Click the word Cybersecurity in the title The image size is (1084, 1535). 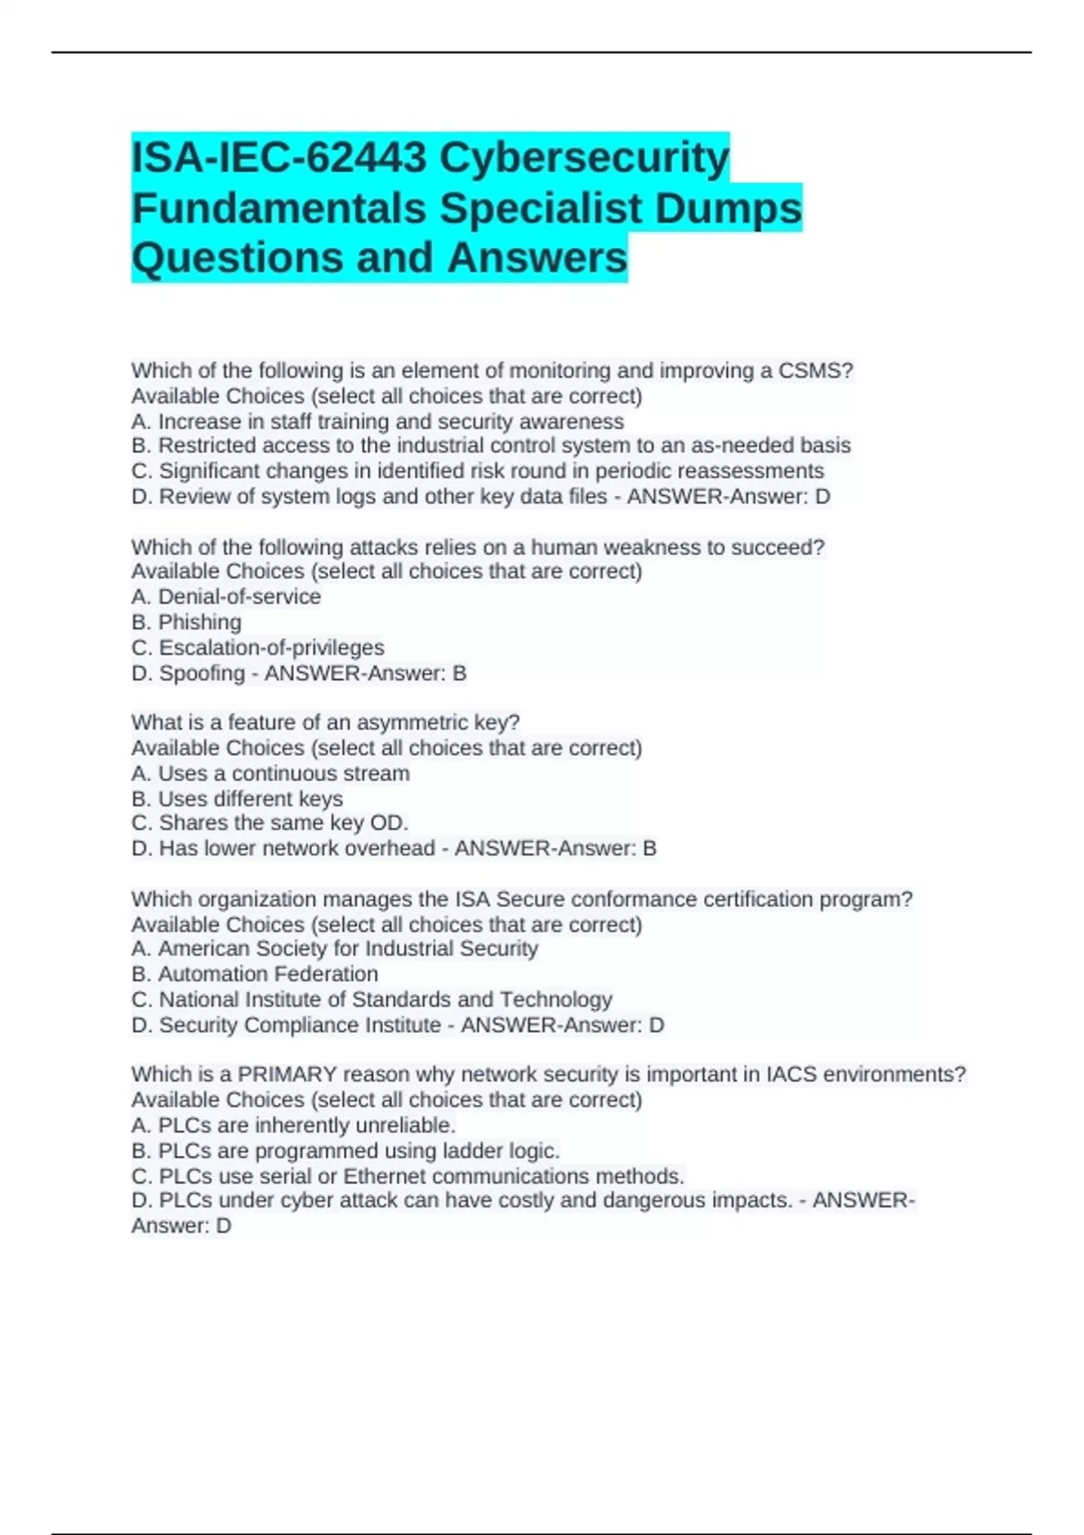pos(584,157)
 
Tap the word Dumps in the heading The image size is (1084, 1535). pos(728,208)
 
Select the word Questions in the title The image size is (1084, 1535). pos(237,257)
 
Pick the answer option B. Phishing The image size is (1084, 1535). pos(186,622)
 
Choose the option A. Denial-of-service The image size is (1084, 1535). pos(226,597)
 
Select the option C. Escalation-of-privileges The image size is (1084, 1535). pos(257,647)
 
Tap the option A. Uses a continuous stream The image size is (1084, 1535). pos(270,773)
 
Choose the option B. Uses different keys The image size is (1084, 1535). pos(237,798)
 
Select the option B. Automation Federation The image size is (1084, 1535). pos(255,973)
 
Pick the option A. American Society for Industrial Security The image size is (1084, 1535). pos(334,948)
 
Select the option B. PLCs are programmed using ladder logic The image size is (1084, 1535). pos(345,1150)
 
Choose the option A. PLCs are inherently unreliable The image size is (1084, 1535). pos(293,1125)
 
